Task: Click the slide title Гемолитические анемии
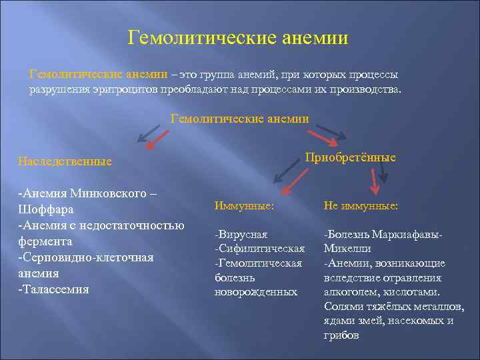238,37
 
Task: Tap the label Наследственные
65,161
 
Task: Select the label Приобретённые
350,157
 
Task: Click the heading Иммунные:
244,207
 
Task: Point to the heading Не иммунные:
361,207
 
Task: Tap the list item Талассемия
55,289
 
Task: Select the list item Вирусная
241,235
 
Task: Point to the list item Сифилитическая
259,249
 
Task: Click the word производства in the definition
365,90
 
